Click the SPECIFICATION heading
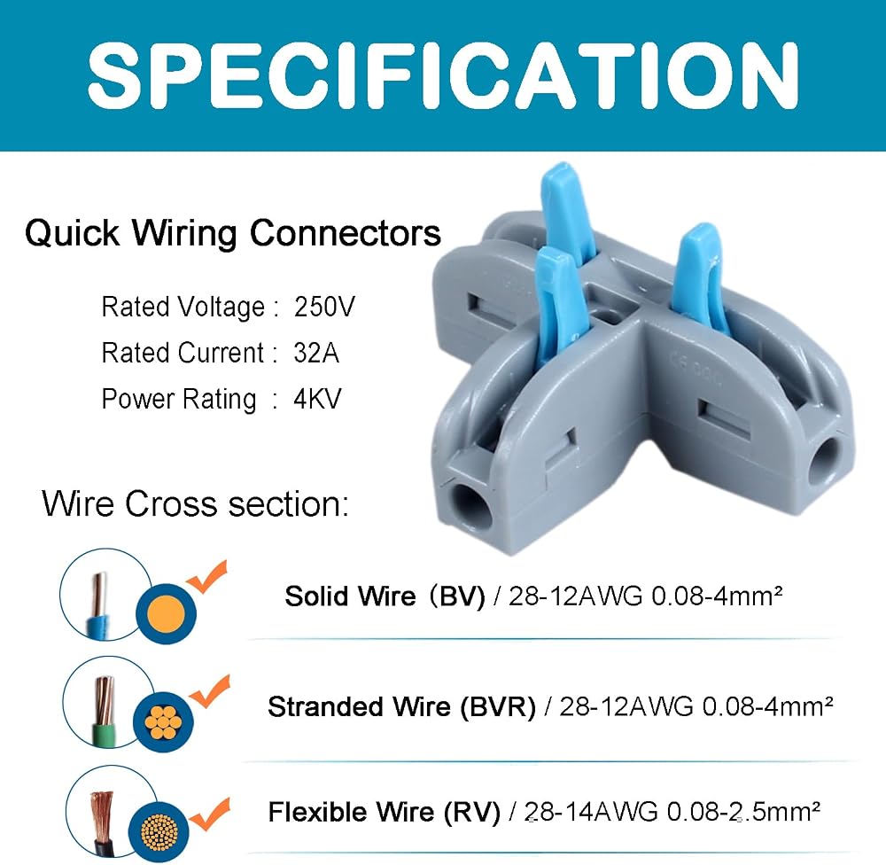(443, 75)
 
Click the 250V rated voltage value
(324, 307)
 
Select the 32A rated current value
(316, 353)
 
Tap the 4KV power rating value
(317, 399)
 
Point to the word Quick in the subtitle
(72, 233)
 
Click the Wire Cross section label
(196, 503)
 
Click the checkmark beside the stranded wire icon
(210, 691)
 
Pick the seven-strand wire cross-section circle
(163, 722)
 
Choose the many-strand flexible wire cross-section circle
(159, 832)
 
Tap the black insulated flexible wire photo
(102, 822)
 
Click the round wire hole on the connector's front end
(469, 507)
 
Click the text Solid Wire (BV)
(385, 596)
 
